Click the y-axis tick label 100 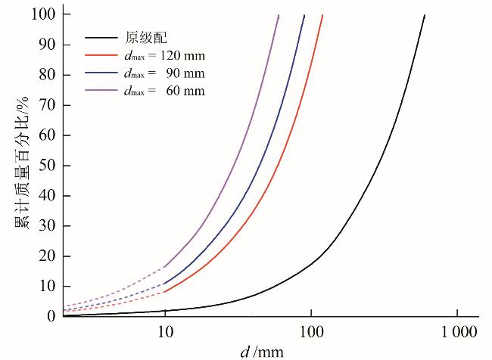pos(45,14)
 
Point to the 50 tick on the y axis pos(48,166)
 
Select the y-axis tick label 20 pos(48,256)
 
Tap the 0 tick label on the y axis pos(51,316)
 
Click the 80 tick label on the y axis pos(48,75)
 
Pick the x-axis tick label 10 pos(164,331)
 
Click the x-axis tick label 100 pos(310,331)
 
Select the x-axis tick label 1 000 pos(457,331)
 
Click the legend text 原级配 pos(142,36)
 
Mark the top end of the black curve pos(425,15)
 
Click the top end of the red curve pos(322,15)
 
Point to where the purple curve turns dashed pos(164,267)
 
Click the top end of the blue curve pos(304,15)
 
